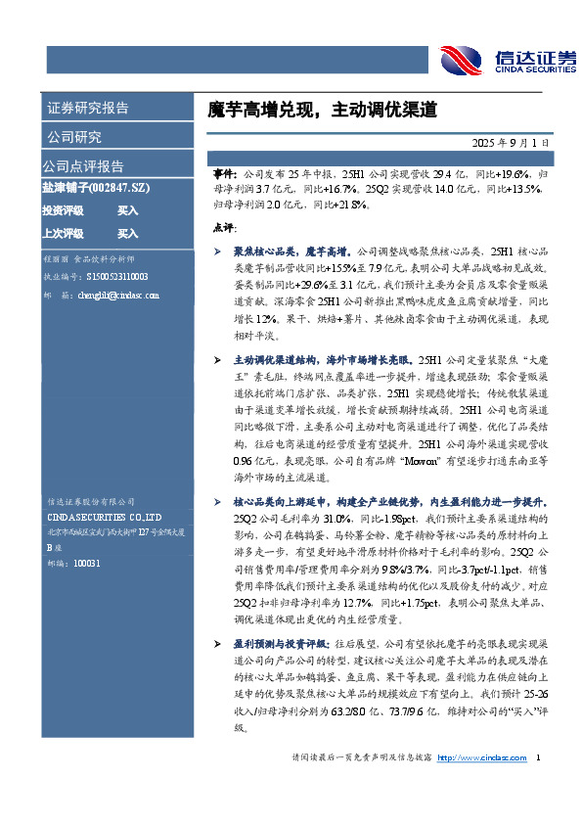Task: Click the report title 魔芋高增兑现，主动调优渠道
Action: click(x=315, y=109)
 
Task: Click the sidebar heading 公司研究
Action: click(x=72, y=137)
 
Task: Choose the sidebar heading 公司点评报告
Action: click(x=83, y=165)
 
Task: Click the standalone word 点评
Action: click(x=222, y=227)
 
